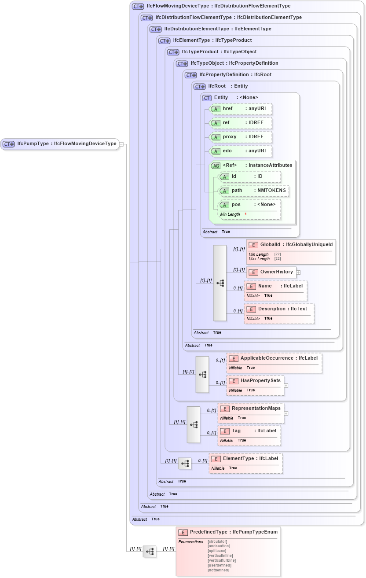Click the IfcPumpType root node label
(x=66, y=144)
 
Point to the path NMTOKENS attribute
(x=254, y=191)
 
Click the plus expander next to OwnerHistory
(x=298, y=272)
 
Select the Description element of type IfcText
(x=279, y=309)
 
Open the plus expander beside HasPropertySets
(x=286, y=385)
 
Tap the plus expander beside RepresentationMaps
(x=286, y=413)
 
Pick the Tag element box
(x=249, y=431)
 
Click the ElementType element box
(x=246, y=459)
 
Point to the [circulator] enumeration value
(x=217, y=541)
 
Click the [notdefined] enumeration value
(x=218, y=570)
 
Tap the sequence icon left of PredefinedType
(x=150, y=551)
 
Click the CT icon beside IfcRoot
(x=200, y=86)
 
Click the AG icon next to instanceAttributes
(x=216, y=166)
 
